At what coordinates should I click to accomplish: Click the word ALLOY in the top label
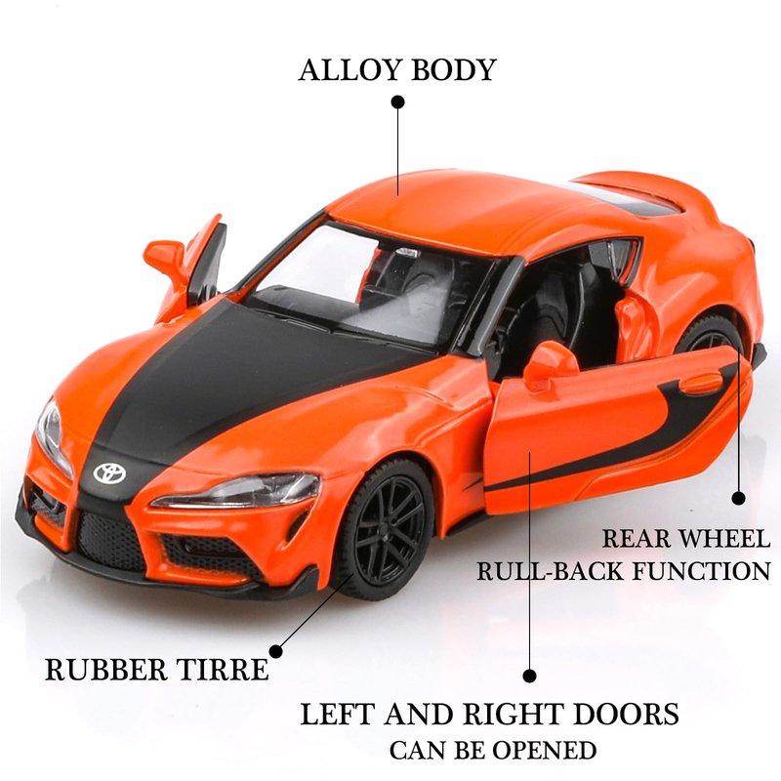point(344,70)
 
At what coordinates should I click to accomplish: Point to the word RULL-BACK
point(541,571)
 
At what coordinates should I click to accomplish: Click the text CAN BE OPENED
point(493,751)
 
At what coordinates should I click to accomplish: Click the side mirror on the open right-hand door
point(551,363)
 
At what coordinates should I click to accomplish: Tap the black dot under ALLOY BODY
point(397,102)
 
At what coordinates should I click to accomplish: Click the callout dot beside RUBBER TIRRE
point(276,650)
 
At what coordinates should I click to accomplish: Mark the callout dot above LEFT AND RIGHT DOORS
point(530,676)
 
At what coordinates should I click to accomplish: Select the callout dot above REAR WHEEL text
point(739,498)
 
